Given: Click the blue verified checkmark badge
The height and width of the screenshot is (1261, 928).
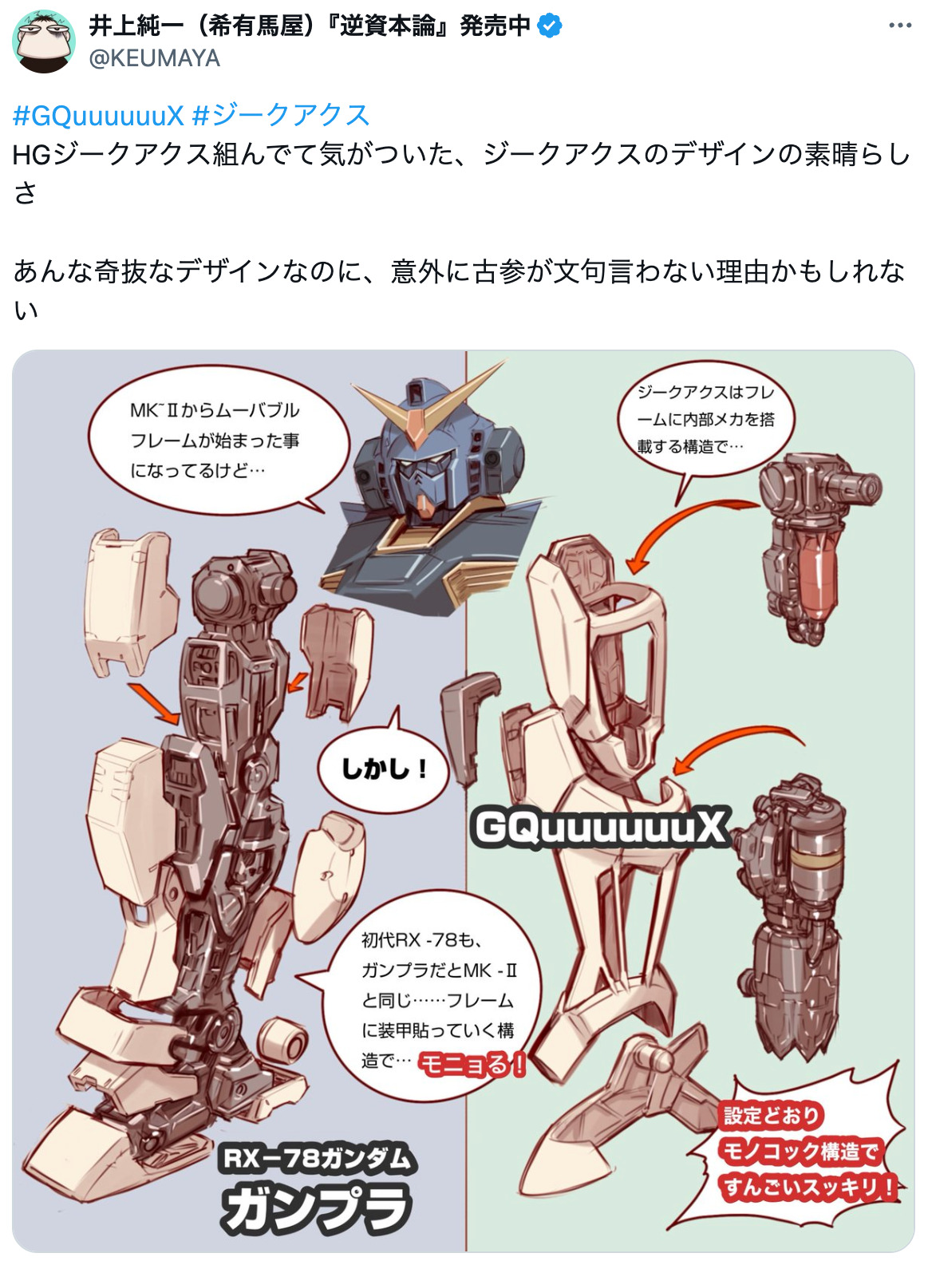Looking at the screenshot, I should click(549, 26).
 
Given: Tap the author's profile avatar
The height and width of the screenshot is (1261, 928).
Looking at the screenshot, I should click(43, 42).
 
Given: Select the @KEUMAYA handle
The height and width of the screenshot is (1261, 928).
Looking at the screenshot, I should click(155, 58).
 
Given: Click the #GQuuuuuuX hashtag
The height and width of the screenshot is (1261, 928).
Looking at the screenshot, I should click(98, 116).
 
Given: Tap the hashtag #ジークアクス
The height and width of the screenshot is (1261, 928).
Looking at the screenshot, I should click(281, 116).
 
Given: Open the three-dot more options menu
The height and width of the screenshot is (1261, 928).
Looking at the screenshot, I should click(899, 26).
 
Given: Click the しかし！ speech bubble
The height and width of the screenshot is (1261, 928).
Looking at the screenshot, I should click(384, 769).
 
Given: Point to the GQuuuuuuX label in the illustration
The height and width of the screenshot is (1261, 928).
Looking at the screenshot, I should click(599, 828).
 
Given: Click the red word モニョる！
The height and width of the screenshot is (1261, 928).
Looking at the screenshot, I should click(472, 1063).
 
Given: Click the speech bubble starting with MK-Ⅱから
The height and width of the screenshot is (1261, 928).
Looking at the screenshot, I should click(215, 441).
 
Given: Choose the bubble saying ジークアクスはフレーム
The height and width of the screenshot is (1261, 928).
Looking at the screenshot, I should click(705, 419).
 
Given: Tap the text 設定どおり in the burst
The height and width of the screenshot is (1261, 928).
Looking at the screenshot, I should click(772, 1115).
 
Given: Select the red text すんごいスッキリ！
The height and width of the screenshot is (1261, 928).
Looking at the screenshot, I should click(808, 1187).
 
